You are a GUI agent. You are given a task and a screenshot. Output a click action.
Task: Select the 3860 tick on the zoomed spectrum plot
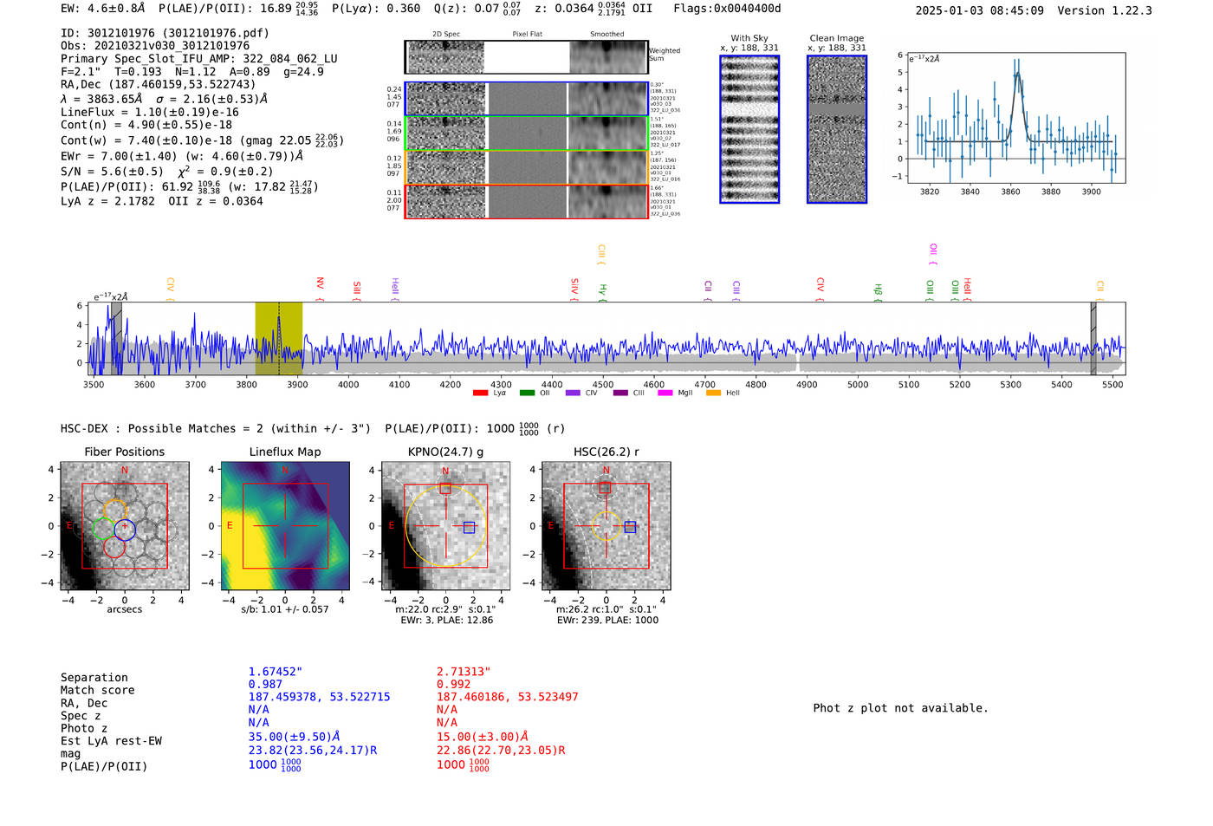coord(1010,192)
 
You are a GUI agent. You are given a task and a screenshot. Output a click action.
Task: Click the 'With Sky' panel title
coord(749,38)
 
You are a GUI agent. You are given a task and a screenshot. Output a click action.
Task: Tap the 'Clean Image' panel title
coord(836,38)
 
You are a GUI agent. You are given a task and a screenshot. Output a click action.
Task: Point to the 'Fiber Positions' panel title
coord(124,452)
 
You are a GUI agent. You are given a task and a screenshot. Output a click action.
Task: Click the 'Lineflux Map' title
coord(284,452)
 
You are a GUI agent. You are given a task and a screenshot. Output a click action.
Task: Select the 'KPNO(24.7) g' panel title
coord(445,452)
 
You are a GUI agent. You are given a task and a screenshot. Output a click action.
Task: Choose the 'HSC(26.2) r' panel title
coord(606,452)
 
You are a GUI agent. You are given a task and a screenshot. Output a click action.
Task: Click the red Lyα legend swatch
coord(480,393)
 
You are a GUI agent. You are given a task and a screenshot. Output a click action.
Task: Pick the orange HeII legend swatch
coord(713,393)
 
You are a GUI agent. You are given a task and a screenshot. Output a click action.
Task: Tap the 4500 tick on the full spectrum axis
coord(602,384)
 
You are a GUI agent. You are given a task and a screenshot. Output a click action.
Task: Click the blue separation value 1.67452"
coord(275,672)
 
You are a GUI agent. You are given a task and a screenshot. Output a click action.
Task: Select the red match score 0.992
coord(453,684)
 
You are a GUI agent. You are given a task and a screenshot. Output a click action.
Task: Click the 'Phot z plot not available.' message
coord(900,708)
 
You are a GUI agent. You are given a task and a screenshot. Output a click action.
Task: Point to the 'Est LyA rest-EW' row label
coord(111,741)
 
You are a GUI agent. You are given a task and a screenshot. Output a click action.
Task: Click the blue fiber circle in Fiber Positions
coord(125,530)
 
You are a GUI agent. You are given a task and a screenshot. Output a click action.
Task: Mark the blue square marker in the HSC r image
coord(630,527)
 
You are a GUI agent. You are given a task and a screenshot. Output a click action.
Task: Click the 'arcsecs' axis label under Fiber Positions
coord(124,609)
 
